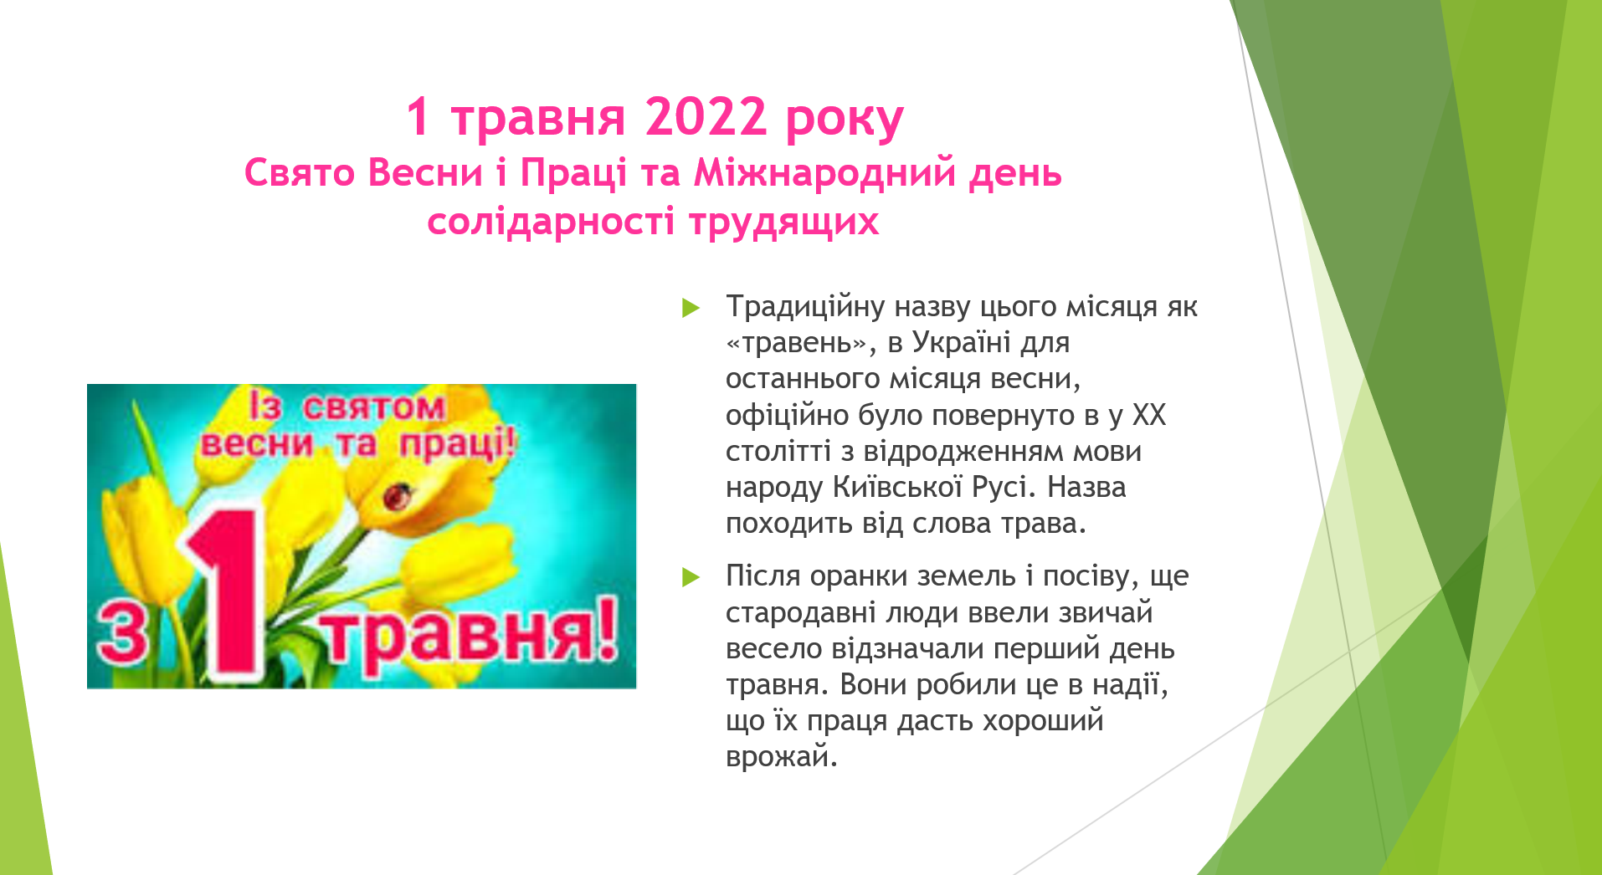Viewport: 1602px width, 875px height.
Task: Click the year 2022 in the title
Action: point(706,116)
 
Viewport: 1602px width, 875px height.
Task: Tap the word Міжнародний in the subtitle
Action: point(824,173)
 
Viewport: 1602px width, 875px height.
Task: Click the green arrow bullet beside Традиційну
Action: point(691,308)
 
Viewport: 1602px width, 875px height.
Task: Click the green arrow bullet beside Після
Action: point(691,577)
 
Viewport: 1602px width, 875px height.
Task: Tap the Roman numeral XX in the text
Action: point(1148,415)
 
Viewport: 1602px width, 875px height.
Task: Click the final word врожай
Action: point(782,757)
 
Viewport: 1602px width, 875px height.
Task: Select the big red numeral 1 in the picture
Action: point(228,592)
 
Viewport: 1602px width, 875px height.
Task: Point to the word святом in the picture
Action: point(373,407)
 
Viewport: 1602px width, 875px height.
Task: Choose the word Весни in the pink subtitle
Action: point(425,173)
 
